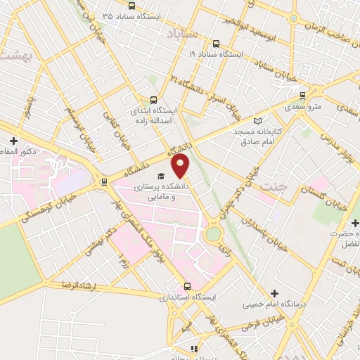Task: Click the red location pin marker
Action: [x=181, y=166]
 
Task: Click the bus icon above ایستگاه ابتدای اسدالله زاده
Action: [x=154, y=100]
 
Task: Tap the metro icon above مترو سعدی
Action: [x=302, y=96]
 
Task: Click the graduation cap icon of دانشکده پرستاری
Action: [x=160, y=176]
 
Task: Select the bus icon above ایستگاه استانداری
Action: [x=187, y=286]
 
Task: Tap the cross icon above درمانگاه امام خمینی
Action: [x=274, y=292]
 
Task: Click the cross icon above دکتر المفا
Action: [x=13, y=141]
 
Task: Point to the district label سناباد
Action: [x=185, y=33]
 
